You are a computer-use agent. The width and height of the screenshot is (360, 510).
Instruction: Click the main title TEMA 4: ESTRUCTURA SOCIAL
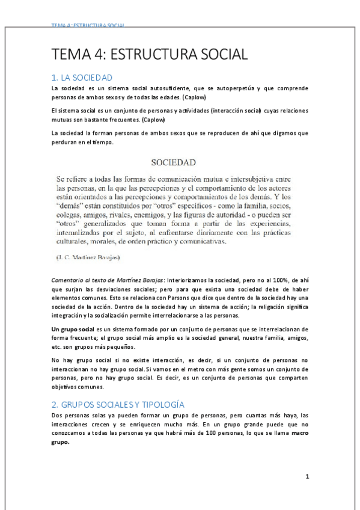coord(150,55)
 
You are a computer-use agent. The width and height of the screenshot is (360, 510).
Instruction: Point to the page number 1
coord(307,477)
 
